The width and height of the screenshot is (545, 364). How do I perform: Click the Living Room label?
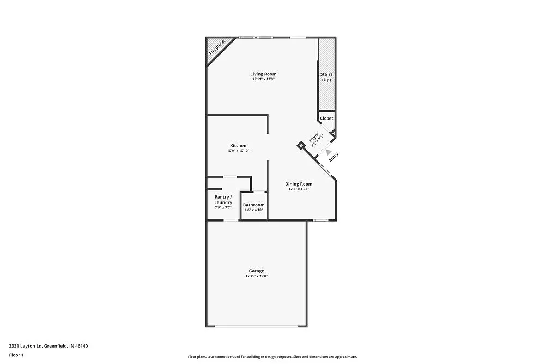pyautogui.click(x=263, y=74)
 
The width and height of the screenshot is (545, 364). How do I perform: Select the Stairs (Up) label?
pyautogui.click(x=326, y=77)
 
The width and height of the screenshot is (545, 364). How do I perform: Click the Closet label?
pyautogui.click(x=326, y=118)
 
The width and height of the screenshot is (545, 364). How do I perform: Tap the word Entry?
pyautogui.click(x=334, y=156)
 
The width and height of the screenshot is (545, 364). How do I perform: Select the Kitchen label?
pyautogui.click(x=238, y=146)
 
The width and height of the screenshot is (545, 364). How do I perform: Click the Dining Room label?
pyautogui.click(x=299, y=184)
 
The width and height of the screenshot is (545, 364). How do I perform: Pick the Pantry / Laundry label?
pyautogui.click(x=223, y=200)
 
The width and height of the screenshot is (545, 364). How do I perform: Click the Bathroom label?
pyautogui.click(x=253, y=205)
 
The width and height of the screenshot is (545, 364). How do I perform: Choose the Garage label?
pyautogui.click(x=256, y=271)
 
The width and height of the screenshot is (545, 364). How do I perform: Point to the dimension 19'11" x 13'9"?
pyautogui.click(x=263, y=80)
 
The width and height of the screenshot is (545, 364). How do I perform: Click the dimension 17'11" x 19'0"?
pyautogui.click(x=256, y=276)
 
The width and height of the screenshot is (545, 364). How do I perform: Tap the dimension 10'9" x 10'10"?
pyautogui.click(x=238, y=151)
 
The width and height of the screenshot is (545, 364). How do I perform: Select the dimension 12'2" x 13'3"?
pyautogui.click(x=299, y=189)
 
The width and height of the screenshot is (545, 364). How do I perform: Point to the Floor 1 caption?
pyautogui.click(x=16, y=355)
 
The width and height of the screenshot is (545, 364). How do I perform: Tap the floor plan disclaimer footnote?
pyautogui.click(x=272, y=357)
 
